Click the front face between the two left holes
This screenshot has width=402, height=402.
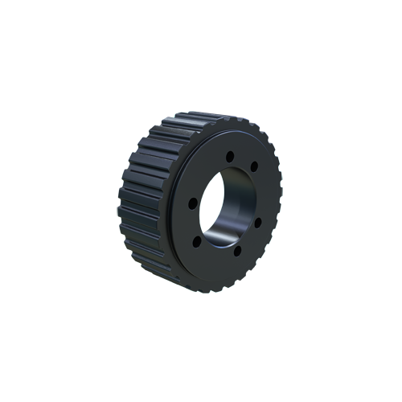tap(194, 221)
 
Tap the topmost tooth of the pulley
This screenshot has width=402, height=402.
tap(193, 118)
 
